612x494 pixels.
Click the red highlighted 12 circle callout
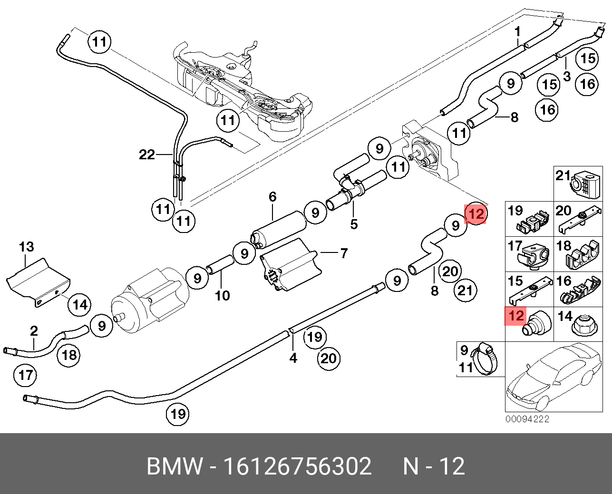tap(476, 214)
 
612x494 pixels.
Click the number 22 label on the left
tap(147, 155)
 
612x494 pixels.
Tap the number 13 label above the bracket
tap(27, 247)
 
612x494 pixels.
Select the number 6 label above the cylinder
tap(272, 196)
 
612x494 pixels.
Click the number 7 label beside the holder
tap(344, 253)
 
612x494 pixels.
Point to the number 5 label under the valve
tap(353, 224)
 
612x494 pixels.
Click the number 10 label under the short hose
tap(222, 296)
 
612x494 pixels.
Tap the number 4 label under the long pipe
tap(293, 358)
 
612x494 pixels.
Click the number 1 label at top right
tap(518, 32)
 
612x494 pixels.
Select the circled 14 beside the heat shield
tap(80, 304)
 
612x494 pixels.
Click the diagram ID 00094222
tap(527, 419)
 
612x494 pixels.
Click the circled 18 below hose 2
tap(69, 354)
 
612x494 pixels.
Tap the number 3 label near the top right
tap(566, 76)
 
